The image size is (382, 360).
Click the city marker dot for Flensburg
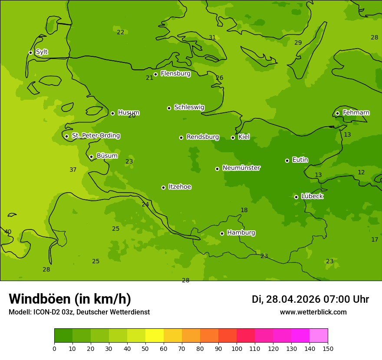(155, 74)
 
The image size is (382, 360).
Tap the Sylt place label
(42, 52)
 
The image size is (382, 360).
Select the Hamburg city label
(241, 232)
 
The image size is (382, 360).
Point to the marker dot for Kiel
(233, 137)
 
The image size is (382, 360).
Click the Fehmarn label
(356, 113)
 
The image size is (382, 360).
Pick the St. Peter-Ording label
(95, 136)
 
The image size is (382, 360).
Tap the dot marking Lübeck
(296, 197)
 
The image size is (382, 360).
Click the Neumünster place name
(241, 168)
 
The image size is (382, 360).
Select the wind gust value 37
(73, 170)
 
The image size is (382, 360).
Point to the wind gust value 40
(8, 232)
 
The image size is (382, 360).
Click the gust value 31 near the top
(212, 38)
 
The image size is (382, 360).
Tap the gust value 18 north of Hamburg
(244, 210)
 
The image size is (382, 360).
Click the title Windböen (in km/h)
(70, 299)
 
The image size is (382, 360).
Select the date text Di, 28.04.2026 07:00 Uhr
(310, 299)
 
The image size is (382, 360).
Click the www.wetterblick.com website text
(313, 312)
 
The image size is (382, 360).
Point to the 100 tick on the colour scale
(237, 348)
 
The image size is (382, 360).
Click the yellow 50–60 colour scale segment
(155, 336)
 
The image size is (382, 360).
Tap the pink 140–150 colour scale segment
(319, 336)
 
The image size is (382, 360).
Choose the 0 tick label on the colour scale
(54, 348)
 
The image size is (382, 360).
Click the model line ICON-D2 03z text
(79, 312)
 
